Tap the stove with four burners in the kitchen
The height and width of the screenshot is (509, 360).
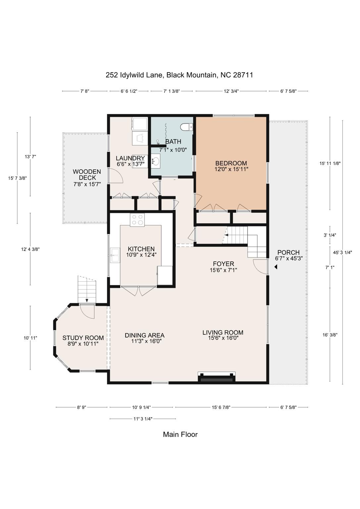(x=137, y=220)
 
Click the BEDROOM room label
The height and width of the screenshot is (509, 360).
(x=231, y=163)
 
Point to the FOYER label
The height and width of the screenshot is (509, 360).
(x=223, y=264)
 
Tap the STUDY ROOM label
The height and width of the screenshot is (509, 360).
(x=83, y=338)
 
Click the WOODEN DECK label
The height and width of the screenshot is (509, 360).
(x=87, y=175)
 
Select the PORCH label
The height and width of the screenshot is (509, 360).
(x=288, y=253)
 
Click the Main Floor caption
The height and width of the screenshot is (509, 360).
(x=180, y=434)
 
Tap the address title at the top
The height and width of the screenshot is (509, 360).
(x=179, y=75)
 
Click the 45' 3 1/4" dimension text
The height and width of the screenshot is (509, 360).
(x=342, y=252)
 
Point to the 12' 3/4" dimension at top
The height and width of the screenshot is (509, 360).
(x=231, y=91)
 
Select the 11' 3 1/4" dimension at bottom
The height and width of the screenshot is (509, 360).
(x=143, y=419)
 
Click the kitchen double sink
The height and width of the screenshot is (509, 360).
(x=115, y=255)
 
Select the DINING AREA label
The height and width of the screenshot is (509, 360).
(x=144, y=335)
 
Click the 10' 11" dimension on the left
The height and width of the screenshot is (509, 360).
(x=30, y=338)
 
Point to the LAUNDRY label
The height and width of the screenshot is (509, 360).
(x=130, y=158)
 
